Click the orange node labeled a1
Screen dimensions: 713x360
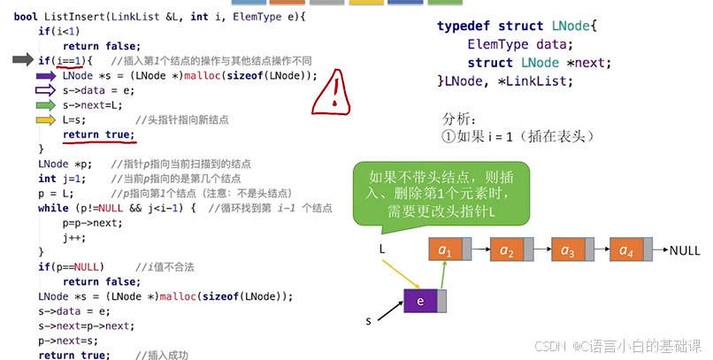tap(445, 250)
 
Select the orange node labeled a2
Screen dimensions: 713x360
tap(506, 250)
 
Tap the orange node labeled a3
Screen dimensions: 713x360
tap(567, 250)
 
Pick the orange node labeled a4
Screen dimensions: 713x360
tap(628, 250)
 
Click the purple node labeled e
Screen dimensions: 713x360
tap(421, 301)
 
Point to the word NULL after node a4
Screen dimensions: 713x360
tap(685, 250)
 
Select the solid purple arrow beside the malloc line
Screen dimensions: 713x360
tap(45, 75)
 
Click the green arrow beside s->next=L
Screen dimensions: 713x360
tap(45, 105)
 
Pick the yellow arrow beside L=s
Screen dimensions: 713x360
tap(45, 120)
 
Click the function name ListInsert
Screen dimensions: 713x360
tap(73, 16)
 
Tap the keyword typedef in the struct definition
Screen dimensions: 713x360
tap(464, 26)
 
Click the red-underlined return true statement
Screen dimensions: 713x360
tap(97, 134)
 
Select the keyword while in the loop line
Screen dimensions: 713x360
tap(53, 208)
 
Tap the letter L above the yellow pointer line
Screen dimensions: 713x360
tap(382, 250)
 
